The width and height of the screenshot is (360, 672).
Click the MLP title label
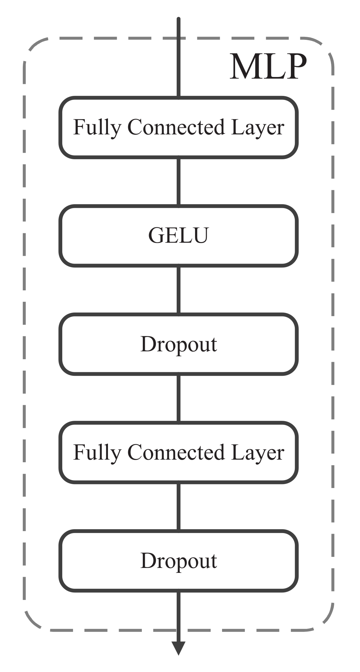tap(268, 67)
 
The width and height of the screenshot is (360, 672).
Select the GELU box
tap(178, 236)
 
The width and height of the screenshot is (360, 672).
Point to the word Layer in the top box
tap(258, 128)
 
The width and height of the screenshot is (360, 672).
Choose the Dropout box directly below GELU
tap(178, 344)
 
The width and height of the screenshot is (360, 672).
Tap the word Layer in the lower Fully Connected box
tap(258, 453)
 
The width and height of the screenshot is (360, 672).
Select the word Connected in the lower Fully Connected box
tap(176, 452)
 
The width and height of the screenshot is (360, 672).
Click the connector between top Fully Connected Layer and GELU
tap(178, 182)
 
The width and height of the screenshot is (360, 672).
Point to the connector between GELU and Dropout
tap(178, 290)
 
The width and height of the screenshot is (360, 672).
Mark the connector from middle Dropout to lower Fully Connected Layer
tap(178, 398)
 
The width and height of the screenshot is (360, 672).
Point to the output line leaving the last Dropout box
tap(178, 613)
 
